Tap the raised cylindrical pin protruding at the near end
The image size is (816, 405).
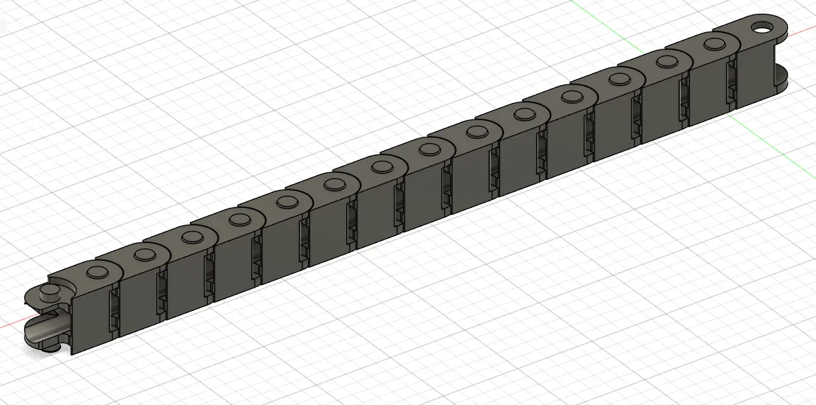coord(48,294)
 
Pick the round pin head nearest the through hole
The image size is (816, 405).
coord(712,45)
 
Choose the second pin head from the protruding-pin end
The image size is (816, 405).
coord(144,255)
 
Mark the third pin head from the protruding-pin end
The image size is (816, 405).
coord(191,237)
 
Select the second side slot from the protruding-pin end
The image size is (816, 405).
coord(162,295)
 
